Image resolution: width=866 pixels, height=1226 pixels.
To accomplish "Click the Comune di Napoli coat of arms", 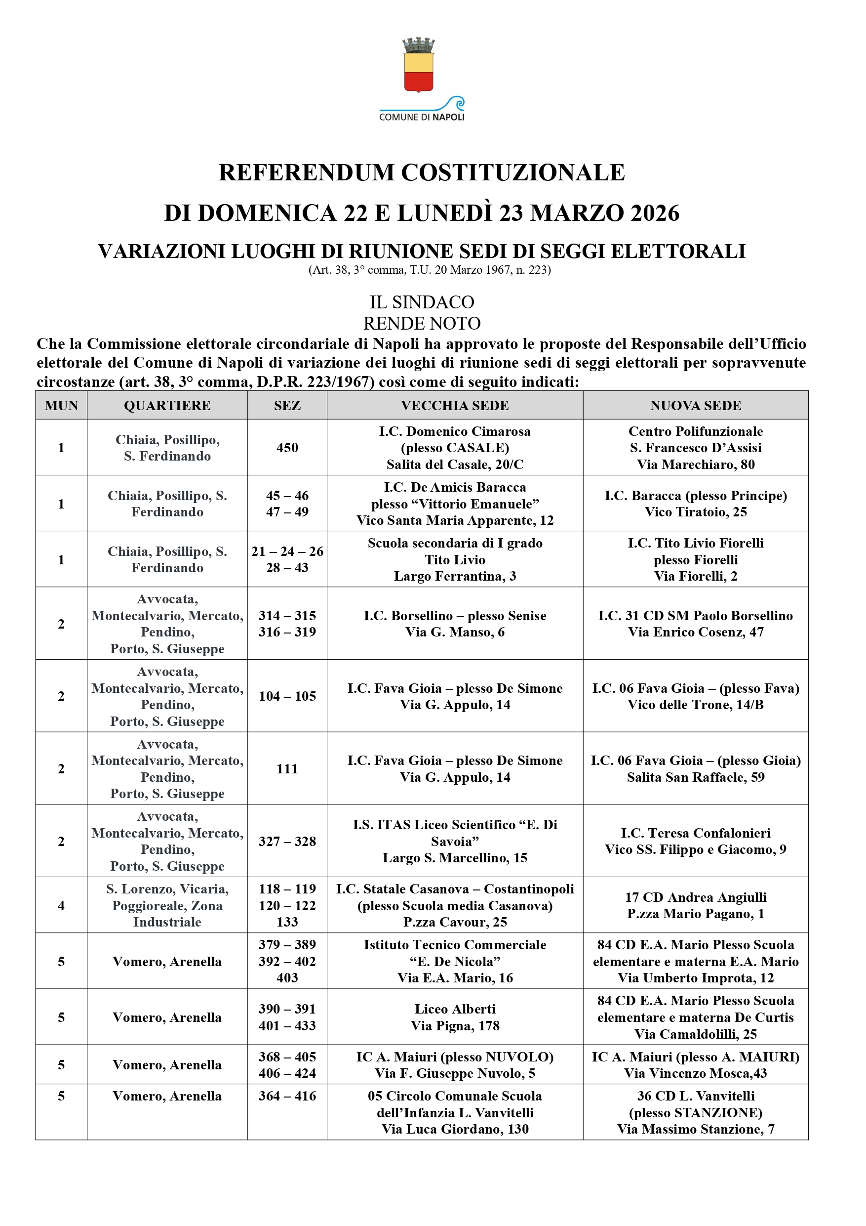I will tap(418, 66).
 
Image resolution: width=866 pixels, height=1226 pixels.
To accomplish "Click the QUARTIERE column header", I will tap(167, 405).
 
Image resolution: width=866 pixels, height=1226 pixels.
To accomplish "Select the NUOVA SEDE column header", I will tap(695, 405).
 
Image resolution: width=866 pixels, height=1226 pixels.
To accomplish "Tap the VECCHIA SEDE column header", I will tap(455, 405).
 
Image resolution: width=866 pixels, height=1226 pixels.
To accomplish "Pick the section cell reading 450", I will tap(287, 448).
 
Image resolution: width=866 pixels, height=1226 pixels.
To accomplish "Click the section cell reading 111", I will tap(287, 768).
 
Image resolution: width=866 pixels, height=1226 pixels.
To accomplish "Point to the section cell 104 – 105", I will tap(287, 696).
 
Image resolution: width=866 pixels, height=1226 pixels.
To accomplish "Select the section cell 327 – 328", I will tap(287, 841).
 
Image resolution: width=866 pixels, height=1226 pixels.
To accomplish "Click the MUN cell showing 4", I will tap(61, 906).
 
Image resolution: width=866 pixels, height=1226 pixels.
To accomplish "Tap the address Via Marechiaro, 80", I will tap(695, 464).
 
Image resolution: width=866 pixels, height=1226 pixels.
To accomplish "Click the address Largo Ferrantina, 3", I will tap(455, 576).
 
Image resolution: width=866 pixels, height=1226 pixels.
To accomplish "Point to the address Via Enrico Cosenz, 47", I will tap(695, 632).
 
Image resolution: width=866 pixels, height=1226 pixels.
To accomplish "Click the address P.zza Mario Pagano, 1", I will tap(695, 914).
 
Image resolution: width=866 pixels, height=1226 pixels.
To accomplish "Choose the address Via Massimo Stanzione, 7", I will tap(695, 1129).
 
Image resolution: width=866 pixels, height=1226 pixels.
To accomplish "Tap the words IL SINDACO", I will tap(422, 302).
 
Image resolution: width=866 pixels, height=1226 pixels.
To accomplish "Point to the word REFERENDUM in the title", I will tap(306, 172).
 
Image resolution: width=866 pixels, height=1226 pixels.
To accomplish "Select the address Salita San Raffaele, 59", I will tap(695, 777).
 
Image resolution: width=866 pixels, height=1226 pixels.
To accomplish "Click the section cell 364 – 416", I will tap(287, 1096).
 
